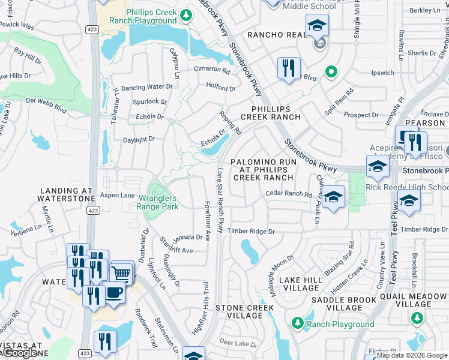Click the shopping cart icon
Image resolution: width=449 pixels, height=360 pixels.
(x=122, y=274)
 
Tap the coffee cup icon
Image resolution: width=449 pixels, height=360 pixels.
(x=113, y=292)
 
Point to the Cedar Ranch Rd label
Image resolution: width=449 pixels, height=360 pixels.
(x=289, y=194)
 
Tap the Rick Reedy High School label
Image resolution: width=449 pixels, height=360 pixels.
(x=407, y=187)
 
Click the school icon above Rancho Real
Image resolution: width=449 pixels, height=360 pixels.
(x=317, y=26)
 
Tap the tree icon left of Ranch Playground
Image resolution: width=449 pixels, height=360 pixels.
(x=297, y=323)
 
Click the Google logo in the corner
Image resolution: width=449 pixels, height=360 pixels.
(x=21, y=353)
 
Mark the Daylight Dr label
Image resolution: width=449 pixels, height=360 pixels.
(x=139, y=139)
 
